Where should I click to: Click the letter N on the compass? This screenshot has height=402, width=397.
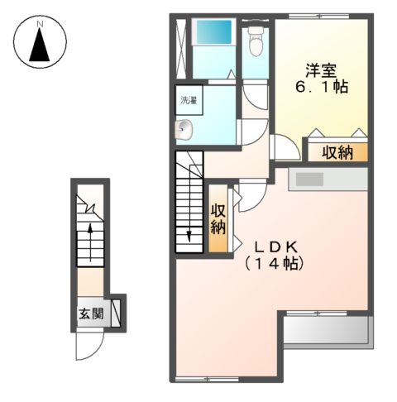click(x=41, y=24)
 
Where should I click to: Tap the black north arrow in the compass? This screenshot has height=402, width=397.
click(x=40, y=45)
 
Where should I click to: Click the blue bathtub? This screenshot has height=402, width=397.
click(x=214, y=31)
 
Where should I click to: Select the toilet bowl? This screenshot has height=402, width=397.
click(x=256, y=41)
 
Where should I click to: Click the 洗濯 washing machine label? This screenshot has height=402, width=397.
click(x=189, y=100)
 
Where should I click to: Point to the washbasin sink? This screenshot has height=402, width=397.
click(x=184, y=130)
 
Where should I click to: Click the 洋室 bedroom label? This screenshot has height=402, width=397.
click(x=321, y=70)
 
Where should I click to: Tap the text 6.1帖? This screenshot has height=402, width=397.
click(x=322, y=87)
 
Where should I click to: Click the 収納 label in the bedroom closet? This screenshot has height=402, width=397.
click(x=337, y=152)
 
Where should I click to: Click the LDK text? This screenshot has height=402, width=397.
click(x=275, y=247)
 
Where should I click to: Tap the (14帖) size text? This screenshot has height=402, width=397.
click(x=275, y=265)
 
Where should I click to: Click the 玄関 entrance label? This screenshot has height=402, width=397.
click(x=91, y=313)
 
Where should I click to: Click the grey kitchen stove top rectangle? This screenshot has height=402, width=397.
click(x=309, y=179)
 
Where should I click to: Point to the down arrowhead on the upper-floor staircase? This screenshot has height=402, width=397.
click(x=189, y=237)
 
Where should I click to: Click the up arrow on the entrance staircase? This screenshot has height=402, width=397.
click(x=90, y=242)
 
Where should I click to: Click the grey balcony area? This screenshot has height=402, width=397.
click(x=328, y=330)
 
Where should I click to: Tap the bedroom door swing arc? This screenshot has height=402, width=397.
click(x=290, y=143)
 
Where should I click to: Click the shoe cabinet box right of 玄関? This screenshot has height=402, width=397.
click(x=116, y=313)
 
